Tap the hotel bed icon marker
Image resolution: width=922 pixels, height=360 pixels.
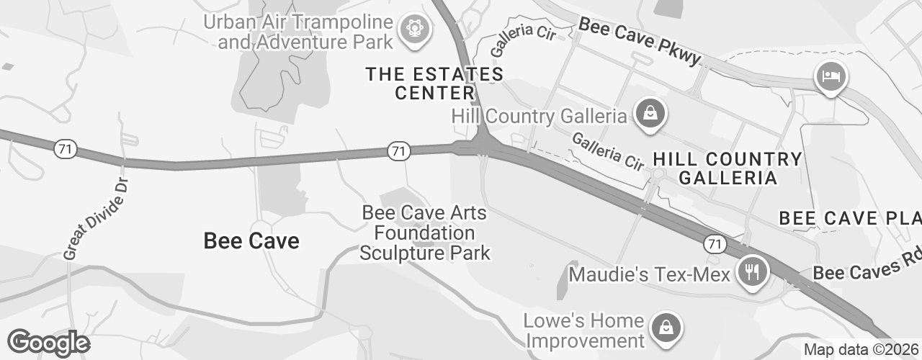click(831, 76)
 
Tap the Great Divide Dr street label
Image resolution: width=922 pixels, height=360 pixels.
click(94, 217)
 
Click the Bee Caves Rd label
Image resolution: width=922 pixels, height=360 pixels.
click(867, 266)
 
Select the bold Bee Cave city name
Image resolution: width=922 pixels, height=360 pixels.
click(251, 240)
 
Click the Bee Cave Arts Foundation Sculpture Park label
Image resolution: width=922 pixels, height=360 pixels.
click(425, 233)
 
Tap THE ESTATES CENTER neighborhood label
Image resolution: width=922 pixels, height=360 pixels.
click(434, 84)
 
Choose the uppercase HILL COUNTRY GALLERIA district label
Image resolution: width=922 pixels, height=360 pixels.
click(727, 168)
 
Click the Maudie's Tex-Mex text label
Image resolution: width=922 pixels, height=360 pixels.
click(649, 274)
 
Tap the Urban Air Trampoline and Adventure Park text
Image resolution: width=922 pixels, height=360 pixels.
click(305, 32)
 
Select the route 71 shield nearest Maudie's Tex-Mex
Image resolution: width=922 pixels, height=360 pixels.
click(713, 244)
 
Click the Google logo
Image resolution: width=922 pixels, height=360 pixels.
click(48, 343)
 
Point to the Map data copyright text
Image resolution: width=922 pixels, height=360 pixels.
click(861, 350)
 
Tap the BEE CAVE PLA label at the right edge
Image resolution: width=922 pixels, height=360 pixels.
click(850, 218)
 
